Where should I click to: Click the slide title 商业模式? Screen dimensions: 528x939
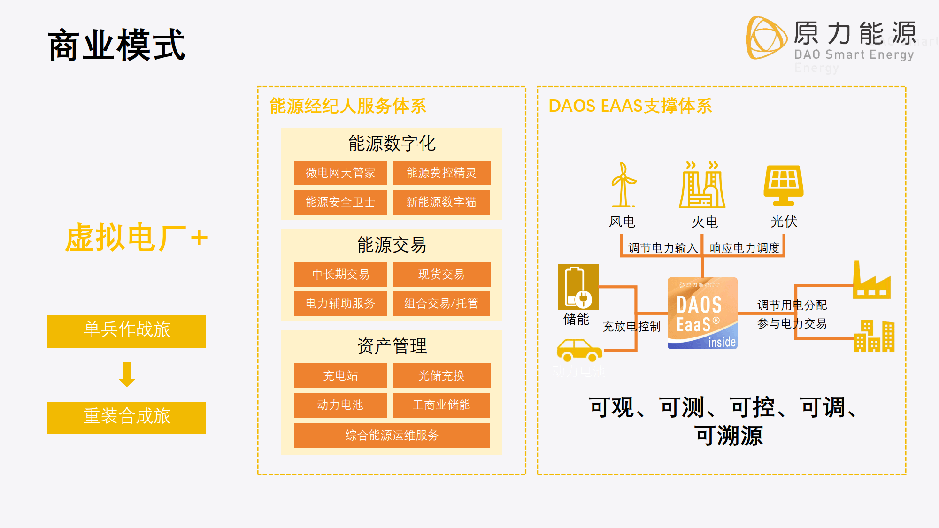[x=116, y=45]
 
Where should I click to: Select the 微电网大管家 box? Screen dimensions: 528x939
[x=340, y=173]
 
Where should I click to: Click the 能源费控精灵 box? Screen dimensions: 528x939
[x=441, y=173]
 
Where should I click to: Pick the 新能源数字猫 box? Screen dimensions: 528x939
[x=441, y=202]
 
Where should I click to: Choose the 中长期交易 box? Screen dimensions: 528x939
[x=340, y=275]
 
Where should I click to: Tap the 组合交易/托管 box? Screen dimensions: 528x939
[x=441, y=304]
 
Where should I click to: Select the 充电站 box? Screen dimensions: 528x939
[x=340, y=375]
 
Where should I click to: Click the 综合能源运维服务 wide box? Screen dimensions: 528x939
[x=392, y=436]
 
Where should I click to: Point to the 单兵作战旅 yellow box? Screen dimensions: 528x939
[x=127, y=331]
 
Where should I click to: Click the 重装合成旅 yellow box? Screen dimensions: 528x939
[x=127, y=418]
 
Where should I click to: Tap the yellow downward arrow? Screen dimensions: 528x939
[x=127, y=375]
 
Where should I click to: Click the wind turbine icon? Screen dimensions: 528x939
[x=623, y=185]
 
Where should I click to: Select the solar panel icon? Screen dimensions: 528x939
[x=783, y=185]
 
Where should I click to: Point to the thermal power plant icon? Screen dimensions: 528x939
[x=702, y=185]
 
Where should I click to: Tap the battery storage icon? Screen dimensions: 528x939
[x=578, y=287]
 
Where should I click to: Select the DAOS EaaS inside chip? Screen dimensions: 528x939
[x=702, y=313]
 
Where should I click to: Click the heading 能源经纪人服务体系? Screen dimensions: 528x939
[x=348, y=106]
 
